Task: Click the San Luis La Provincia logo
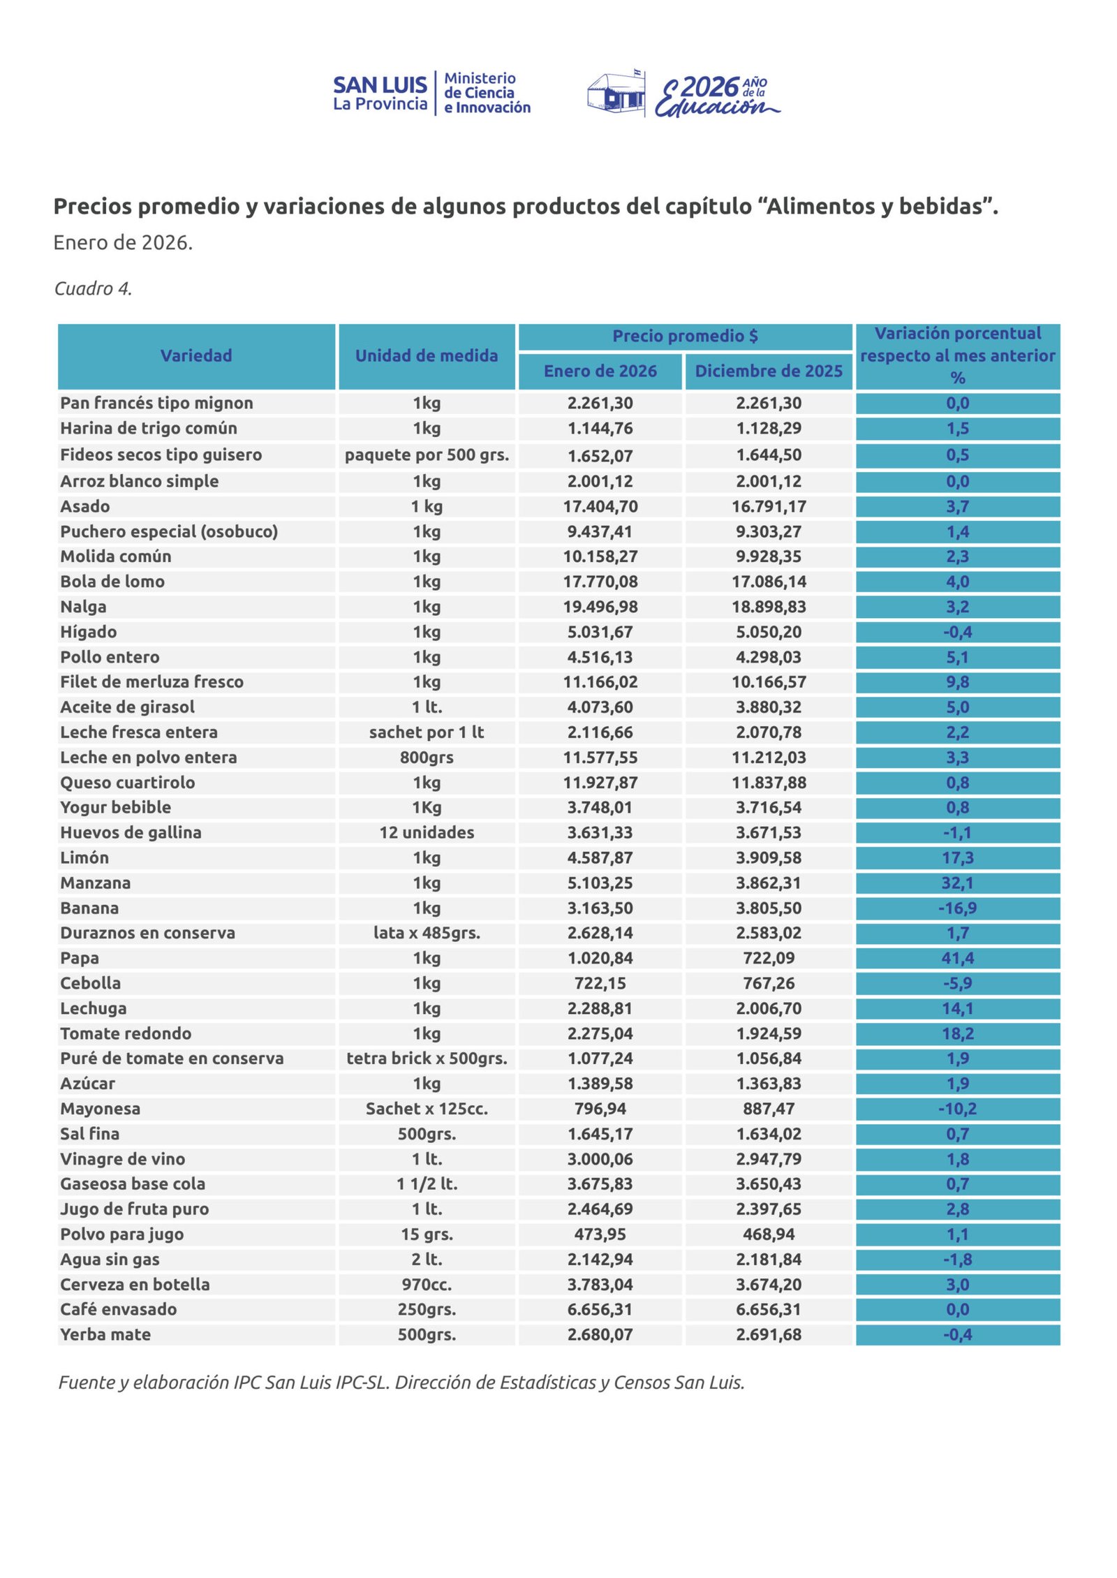pyautogui.click(x=431, y=93)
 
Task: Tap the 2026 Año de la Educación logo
pyautogui.click(x=684, y=94)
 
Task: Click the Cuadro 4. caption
pyautogui.click(x=94, y=288)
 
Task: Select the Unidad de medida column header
pyautogui.click(x=427, y=355)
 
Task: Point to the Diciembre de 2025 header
pyautogui.click(x=769, y=371)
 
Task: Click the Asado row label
pyautogui.click(x=85, y=506)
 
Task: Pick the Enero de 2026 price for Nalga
pyautogui.click(x=600, y=607)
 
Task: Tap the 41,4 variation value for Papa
pyautogui.click(x=957, y=958)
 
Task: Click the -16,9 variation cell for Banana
pyautogui.click(x=957, y=908)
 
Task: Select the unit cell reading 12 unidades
pyautogui.click(x=427, y=832)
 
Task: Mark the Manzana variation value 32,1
pyautogui.click(x=957, y=883)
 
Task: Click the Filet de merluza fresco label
pyautogui.click(x=151, y=681)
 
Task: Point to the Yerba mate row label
pyautogui.click(x=105, y=1334)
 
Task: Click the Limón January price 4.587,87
pyautogui.click(x=600, y=857)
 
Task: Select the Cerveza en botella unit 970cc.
pyautogui.click(x=427, y=1284)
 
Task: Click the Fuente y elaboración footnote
pyautogui.click(x=401, y=1382)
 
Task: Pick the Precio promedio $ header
pyautogui.click(x=685, y=336)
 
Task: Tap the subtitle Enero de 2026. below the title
pyautogui.click(x=123, y=242)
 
